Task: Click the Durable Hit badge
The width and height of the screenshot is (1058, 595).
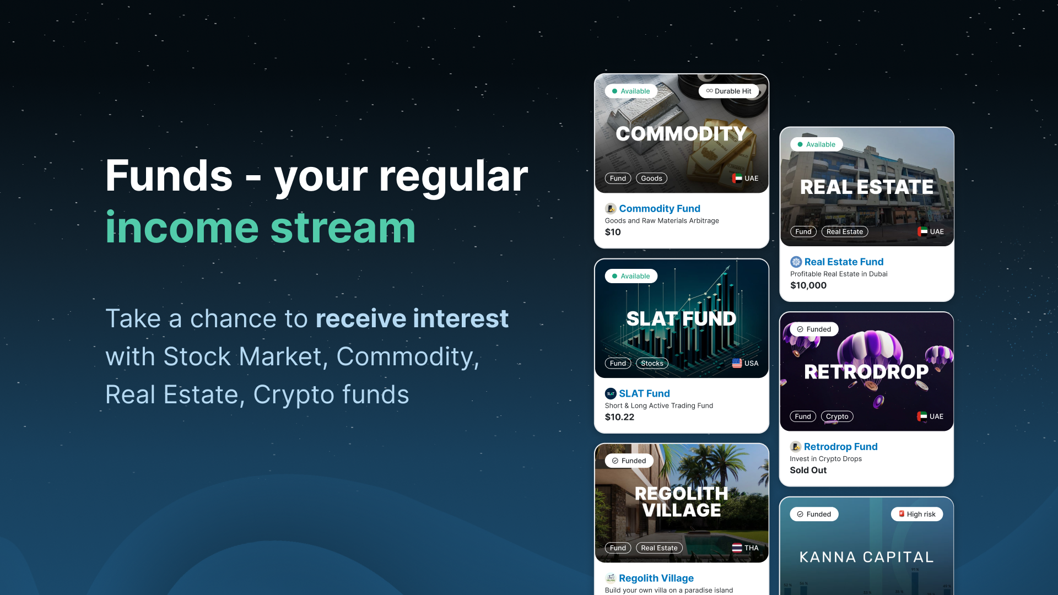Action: click(728, 91)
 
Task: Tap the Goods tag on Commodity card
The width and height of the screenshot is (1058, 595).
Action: click(651, 178)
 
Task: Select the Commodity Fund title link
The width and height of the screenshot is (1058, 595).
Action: click(660, 209)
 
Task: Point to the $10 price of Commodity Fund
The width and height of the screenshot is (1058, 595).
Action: click(613, 232)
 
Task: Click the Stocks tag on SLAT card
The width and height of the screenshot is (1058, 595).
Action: click(652, 364)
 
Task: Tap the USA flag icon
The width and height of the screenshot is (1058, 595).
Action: click(737, 364)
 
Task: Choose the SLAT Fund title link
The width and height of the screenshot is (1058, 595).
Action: click(644, 394)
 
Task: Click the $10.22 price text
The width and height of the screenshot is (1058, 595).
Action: click(619, 418)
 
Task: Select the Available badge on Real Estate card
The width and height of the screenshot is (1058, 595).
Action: click(816, 145)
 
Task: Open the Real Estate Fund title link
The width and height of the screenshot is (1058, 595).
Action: click(844, 262)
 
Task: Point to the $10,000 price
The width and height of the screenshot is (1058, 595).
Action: click(808, 286)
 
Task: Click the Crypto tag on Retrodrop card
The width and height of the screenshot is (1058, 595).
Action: click(837, 417)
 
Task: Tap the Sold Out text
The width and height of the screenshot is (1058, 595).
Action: click(808, 470)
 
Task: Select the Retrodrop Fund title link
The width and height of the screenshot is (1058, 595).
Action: click(840, 447)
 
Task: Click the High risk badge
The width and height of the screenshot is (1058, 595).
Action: click(917, 515)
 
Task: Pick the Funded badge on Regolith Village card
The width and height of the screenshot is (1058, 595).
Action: click(629, 461)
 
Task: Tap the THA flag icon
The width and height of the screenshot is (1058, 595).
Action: click(737, 548)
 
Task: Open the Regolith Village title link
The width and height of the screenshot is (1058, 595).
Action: click(656, 578)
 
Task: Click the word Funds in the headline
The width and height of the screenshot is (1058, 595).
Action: click(169, 176)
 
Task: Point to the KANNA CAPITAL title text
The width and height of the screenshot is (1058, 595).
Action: click(867, 558)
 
